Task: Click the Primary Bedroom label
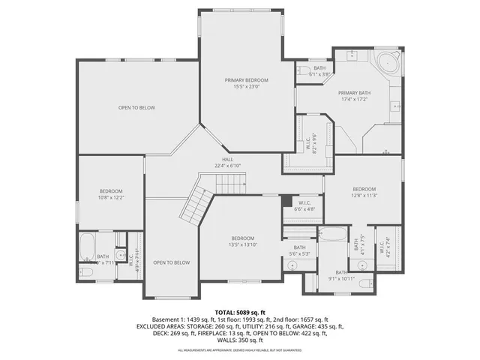click(246, 79)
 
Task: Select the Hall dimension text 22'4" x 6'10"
click(227, 166)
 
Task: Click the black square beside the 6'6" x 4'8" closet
click(286, 199)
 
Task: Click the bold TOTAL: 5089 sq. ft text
click(240, 311)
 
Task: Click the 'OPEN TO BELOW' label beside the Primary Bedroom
click(136, 108)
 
